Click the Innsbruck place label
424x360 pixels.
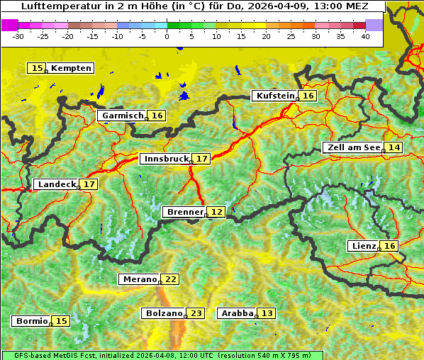165,159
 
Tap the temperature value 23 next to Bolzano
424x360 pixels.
196,313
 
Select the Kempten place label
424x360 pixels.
71,68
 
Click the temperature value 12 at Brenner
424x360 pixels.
217,212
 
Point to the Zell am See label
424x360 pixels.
352,147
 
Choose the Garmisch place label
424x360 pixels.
123,116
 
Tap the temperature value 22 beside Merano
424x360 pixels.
171,279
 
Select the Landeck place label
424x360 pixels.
56,184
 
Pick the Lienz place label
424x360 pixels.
362,246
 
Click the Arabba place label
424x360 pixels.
237,313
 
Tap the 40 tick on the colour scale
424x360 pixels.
365,35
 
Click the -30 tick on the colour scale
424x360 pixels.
18,35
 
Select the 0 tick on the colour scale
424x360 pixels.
167,35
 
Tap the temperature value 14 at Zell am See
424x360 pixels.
394,147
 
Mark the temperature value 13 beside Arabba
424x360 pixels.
267,313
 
